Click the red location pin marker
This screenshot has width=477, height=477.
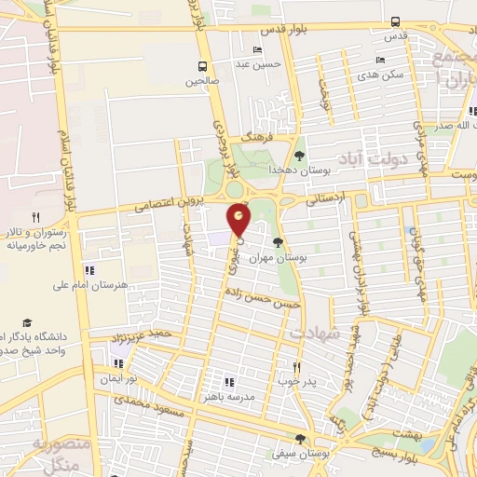pyautogui.click(x=239, y=219)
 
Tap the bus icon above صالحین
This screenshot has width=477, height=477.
pyautogui.click(x=201, y=66)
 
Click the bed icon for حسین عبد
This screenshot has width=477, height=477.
pyautogui.click(x=257, y=50)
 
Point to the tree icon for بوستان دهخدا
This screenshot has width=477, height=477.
pyautogui.click(x=299, y=156)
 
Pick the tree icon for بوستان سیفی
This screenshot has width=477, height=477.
pyautogui.click(x=299, y=439)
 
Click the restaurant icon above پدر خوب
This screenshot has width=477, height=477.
pyautogui.click(x=297, y=367)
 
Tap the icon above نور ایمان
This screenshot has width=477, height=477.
pyautogui.click(x=118, y=363)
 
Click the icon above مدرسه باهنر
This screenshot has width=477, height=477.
pyautogui.click(x=228, y=382)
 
